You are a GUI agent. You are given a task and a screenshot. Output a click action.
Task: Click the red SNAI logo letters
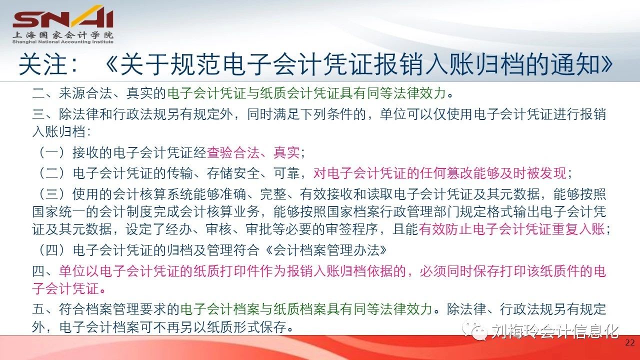click(x=63, y=17)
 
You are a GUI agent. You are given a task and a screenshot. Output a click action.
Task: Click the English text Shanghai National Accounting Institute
click(x=63, y=42)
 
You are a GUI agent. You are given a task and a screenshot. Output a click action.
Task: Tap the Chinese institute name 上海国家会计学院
click(x=63, y=35)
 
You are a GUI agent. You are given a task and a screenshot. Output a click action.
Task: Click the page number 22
click(x=629, y=342)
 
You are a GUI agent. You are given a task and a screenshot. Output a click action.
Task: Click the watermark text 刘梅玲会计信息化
click(x=555, y=331)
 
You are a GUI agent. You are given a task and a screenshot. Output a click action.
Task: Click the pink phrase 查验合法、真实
click(x=253, y=152)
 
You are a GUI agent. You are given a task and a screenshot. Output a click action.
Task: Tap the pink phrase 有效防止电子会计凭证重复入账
click(x=511, y=229)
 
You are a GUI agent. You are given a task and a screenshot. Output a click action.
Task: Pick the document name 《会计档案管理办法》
click(x=325, y=250)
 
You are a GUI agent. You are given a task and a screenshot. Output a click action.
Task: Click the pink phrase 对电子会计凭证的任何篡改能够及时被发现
click(x=440, y=173)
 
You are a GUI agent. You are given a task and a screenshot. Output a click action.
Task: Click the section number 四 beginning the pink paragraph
click(x=38, y=271)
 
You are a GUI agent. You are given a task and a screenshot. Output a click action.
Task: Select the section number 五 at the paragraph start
click(x=38, y=309)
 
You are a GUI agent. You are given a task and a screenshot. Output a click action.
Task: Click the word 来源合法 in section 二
click(x=85, y=93)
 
